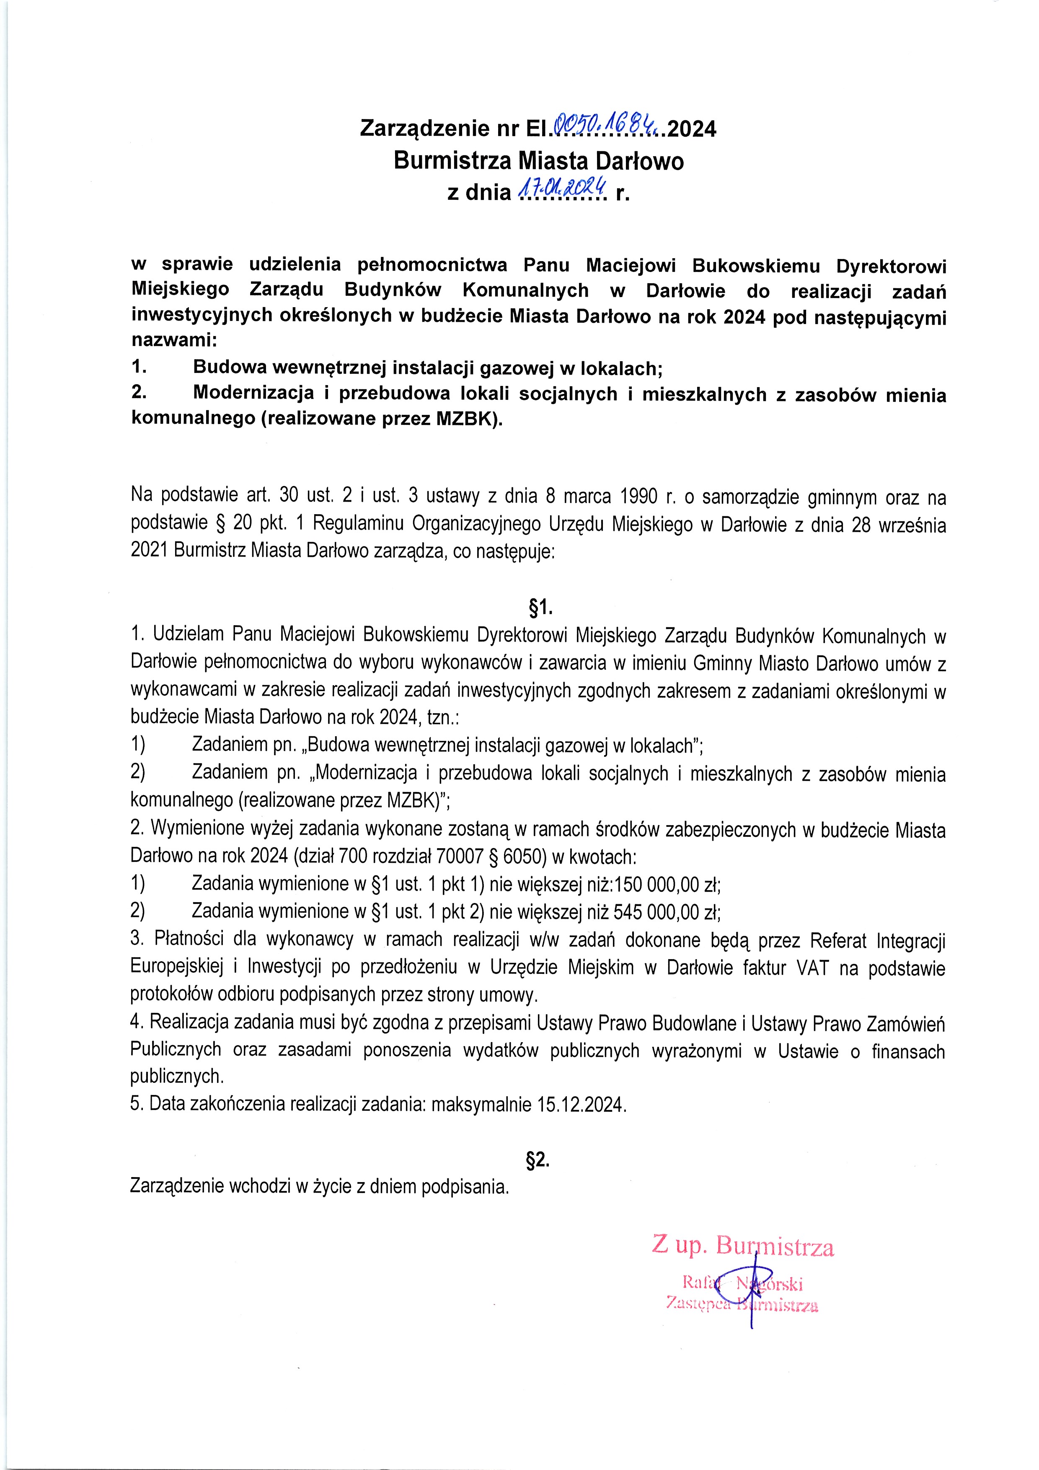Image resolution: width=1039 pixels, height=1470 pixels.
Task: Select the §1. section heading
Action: tap(538, 606)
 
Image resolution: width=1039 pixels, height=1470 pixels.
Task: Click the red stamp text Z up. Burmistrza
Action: tap(743, 1246)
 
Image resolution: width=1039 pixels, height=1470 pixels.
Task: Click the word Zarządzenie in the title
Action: tap(424, 129)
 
